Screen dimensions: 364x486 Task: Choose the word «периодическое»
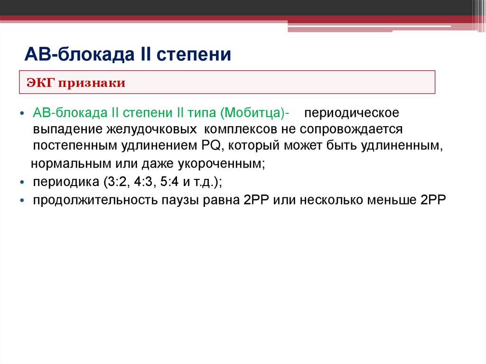[x=351, y=114]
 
